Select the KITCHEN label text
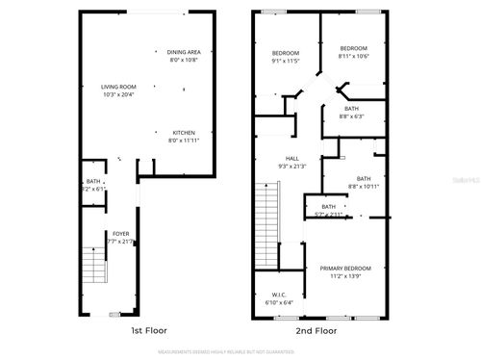184,133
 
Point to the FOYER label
120,233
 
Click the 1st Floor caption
149,330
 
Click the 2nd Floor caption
316,330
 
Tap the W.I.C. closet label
278,296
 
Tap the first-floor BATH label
93,181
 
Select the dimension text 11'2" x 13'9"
344,276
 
